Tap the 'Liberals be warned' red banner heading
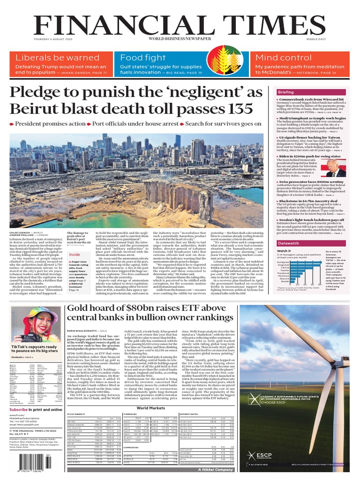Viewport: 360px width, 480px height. pyautogui.click(x=58, y=58)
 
